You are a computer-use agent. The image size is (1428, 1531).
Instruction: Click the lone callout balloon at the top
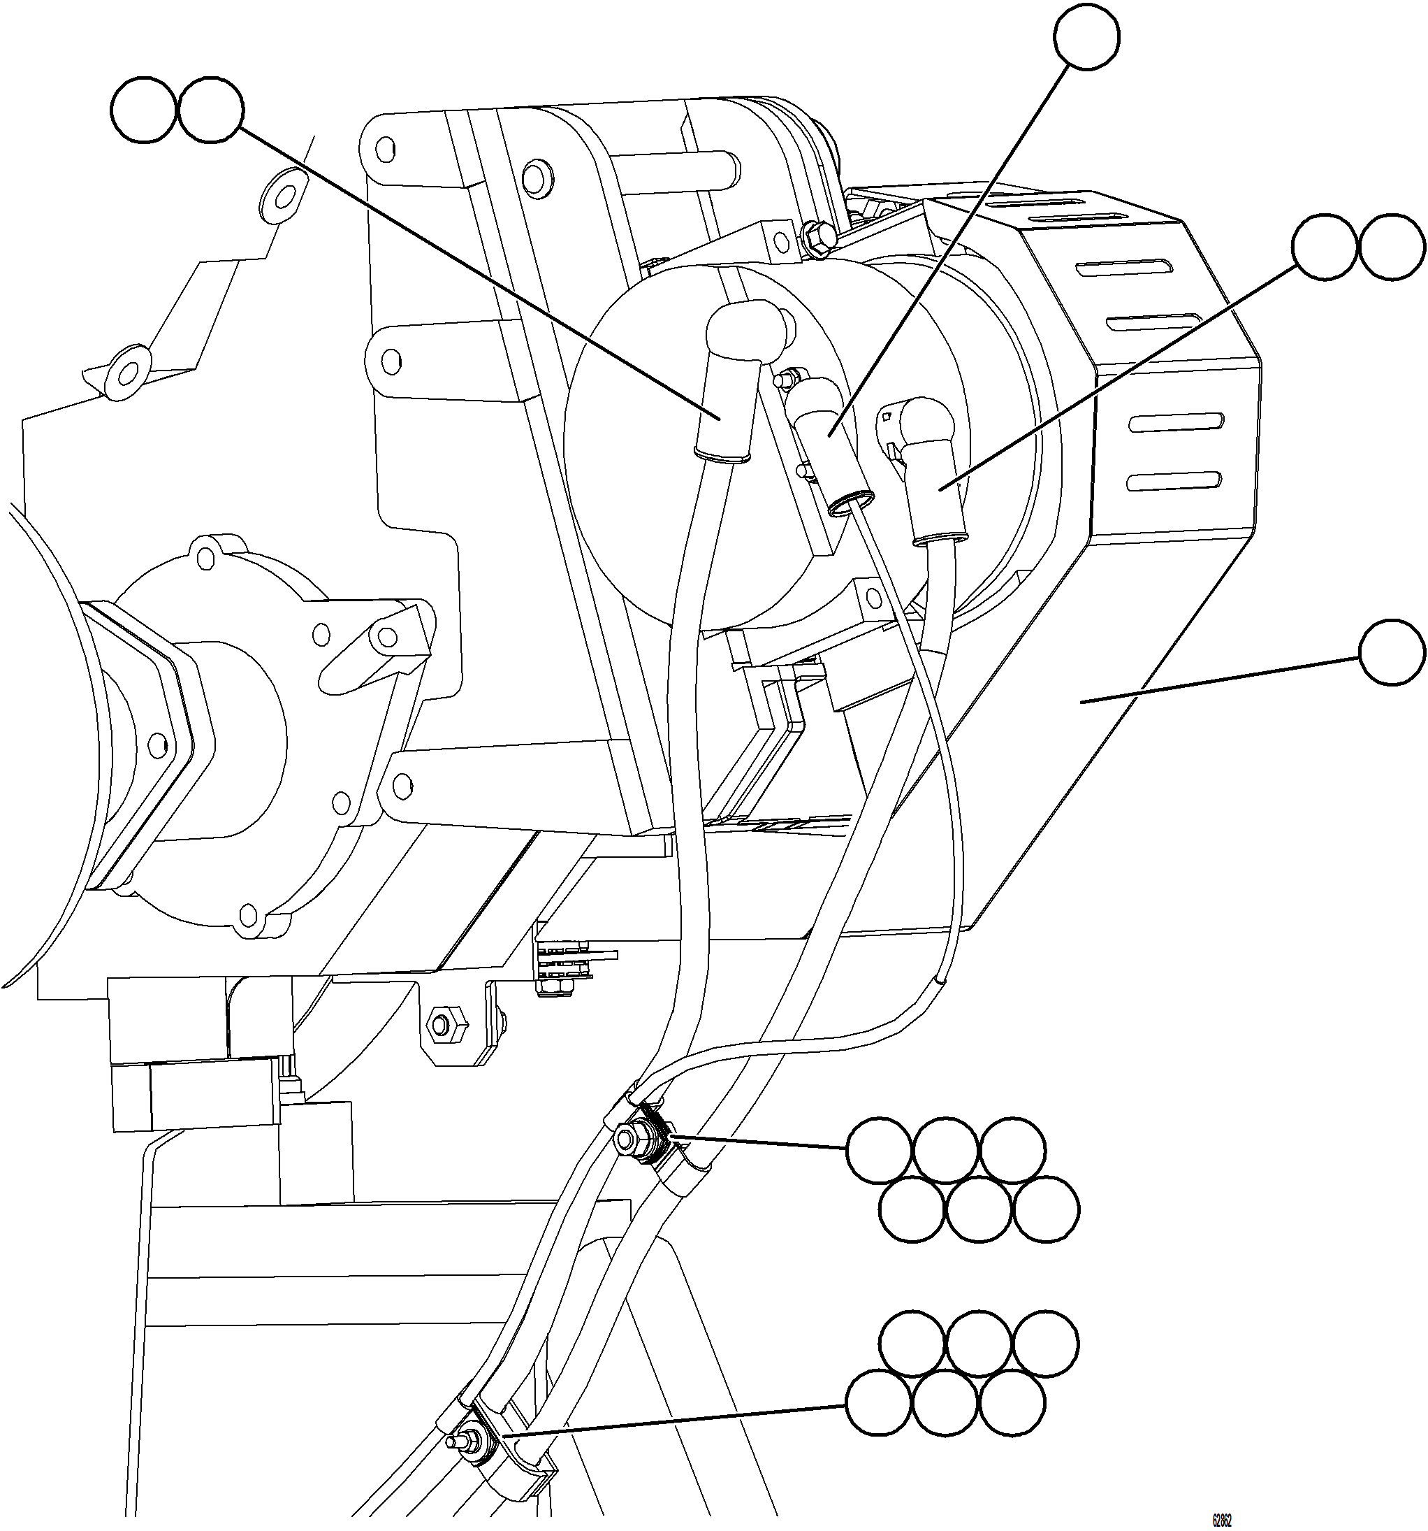(1086, 37)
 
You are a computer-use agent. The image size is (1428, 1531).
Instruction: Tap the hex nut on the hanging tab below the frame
(441, 1024)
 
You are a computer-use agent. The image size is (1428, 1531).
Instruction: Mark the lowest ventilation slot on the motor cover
(1173, 482)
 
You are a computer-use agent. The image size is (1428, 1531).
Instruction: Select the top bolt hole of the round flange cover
(204, 554)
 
